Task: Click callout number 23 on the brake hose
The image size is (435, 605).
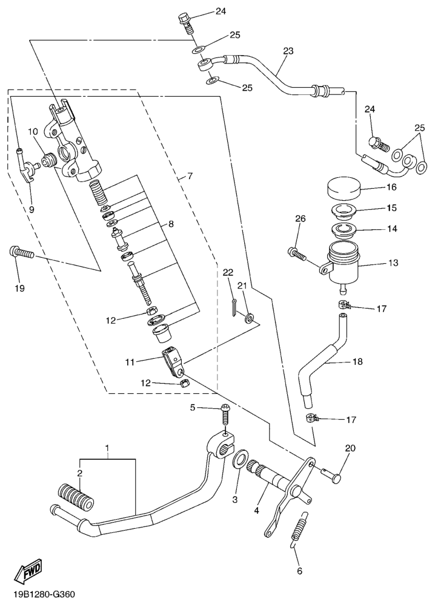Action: pos(287,51)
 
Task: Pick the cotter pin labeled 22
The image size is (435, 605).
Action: pos(233,307)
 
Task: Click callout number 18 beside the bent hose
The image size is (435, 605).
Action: pos(357,362)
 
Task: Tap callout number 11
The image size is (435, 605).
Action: pos(130,362)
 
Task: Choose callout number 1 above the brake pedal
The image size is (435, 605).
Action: pos(107,449)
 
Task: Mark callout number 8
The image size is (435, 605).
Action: pos(171,224)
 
